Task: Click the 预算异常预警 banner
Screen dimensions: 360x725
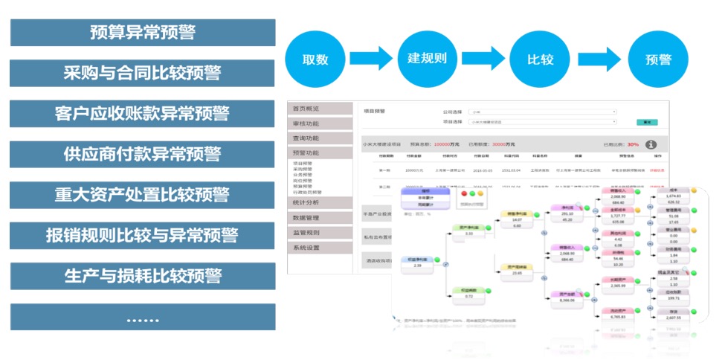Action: point(143,33)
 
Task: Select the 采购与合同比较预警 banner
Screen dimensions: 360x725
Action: point(143,73)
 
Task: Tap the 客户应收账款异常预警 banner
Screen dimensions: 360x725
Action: point(143,114)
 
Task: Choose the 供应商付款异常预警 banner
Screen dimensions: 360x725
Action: point(143,154)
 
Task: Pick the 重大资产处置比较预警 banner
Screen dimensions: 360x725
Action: point(143,195)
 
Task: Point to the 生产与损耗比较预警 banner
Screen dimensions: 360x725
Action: point(143,276)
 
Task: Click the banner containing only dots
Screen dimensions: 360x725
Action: point(143,317)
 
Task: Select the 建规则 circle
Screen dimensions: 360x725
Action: point(427,58)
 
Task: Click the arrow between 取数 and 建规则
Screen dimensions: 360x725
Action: point(370,58)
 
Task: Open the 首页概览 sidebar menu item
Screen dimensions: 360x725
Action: point(320,109)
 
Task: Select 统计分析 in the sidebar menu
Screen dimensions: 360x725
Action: point(320,202)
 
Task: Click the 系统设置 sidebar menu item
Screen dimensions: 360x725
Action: point(320,248)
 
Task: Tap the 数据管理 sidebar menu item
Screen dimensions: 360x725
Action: point(320,218)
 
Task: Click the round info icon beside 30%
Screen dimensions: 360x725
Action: point(651,144)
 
